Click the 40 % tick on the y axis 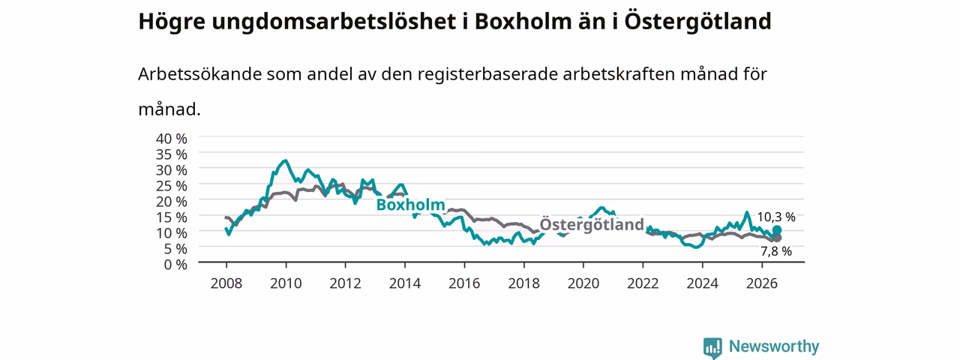pyautogui.click(x=172, y=139)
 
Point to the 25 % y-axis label pyautogui.click(x=172, y=186)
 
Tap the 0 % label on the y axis pyautogui.click(x=175, y=265)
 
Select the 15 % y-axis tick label pyautogui.click(x=172, y=217)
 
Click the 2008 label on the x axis pyautogui.click(x=226, y=283)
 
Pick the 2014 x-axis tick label pyautogui.click(x=405, y=283)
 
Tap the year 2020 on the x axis pyautogui.click(x=583, y=283)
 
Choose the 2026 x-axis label pyautogui.click(x=762, y=283)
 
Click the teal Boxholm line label pyautogui.click(x=410, y=205)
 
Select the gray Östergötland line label pyautogui.click(x=592, y=224)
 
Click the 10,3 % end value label pyautogui.click(x=776, y=217)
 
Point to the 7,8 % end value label pyautogui.click(x=776, y=251)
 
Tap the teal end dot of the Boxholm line pyautogui.click(x=776, y=230)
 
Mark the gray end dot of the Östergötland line pyautogui.click(x=776, y=238)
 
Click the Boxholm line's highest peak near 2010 pyautogui.click(x=286, y=160)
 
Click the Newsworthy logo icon pyautogui.click(x=712, y=347)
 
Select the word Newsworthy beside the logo pyautogui.click(x=774, y=346)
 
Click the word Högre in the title pyautogui.click(x=172, y=22)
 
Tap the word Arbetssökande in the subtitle pyautogui.click(x=199, y=73)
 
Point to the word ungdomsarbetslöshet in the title pyautogui.click(x=334, y=22)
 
